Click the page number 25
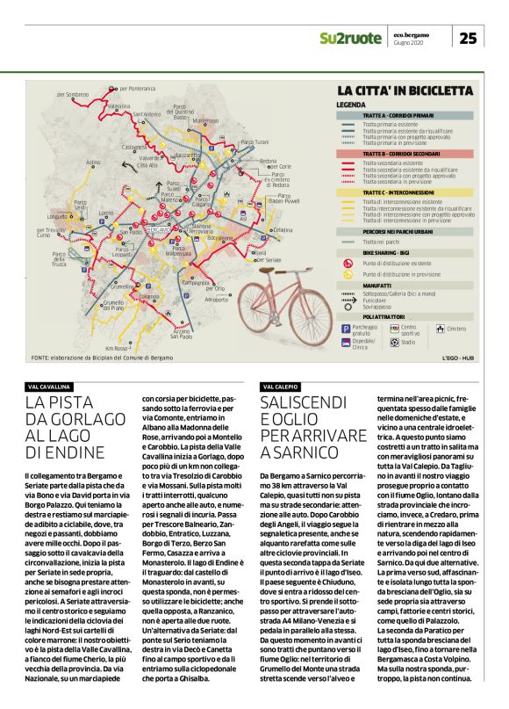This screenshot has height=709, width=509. (468, 38)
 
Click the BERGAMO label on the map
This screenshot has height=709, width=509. (158, 228)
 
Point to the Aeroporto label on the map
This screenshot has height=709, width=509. (216, 300)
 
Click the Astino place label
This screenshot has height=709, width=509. (93, 163)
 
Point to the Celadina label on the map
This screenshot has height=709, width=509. (283, 229)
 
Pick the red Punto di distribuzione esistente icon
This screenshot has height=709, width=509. (345, 263)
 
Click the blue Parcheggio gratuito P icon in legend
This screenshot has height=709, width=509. (345, 328)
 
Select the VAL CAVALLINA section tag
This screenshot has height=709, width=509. (49, 387)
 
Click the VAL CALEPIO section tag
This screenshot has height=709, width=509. (280, 387)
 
